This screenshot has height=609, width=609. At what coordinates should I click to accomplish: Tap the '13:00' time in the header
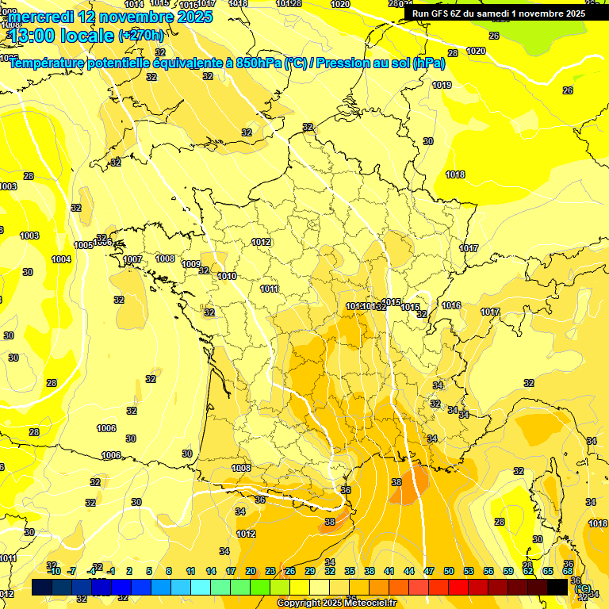[33, 35]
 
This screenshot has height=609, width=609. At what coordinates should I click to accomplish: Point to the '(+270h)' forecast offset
[141, 35]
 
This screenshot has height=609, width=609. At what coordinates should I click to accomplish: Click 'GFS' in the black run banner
[445, 13]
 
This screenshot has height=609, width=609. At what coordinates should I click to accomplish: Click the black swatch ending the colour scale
[557, 586]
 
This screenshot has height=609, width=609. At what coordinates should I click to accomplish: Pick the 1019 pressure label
[442, 86]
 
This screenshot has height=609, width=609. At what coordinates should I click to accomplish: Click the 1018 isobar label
[455, 174]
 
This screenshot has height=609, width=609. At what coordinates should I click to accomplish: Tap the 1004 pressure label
[61, 259]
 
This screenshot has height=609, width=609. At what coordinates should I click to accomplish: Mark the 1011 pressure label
[270, 289]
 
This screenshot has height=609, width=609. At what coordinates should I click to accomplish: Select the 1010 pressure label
[227, 276]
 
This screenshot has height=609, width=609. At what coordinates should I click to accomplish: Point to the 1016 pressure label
[451, 305]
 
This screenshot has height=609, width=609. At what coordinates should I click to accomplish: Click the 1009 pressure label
[191, 264]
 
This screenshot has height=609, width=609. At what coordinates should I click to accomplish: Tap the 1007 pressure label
[133, 260]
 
